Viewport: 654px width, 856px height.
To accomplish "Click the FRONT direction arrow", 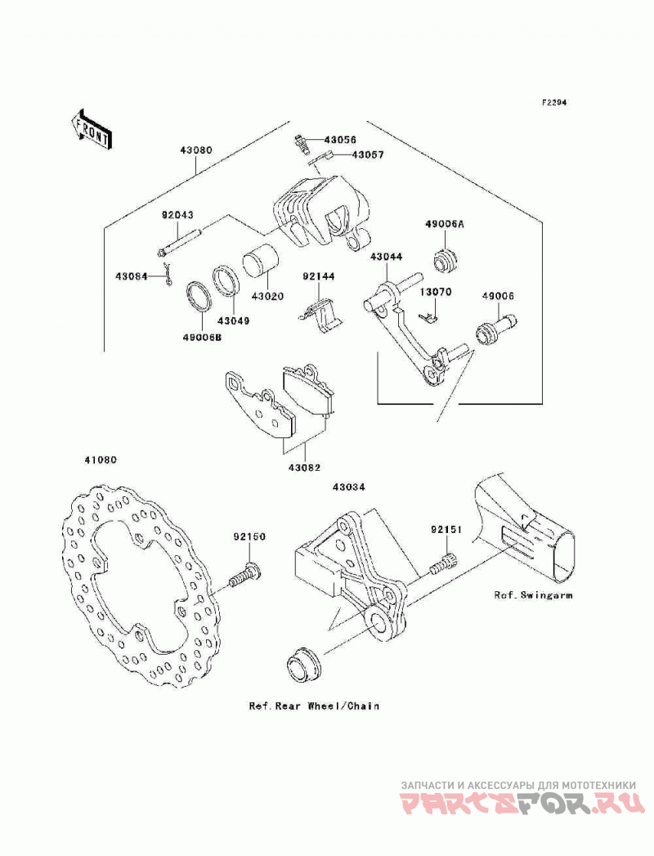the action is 91,129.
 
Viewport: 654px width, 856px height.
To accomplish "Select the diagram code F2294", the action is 554,102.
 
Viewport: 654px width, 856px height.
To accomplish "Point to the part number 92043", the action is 177,216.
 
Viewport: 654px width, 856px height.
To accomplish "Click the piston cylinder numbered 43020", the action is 261,262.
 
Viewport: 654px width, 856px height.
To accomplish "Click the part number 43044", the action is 386,256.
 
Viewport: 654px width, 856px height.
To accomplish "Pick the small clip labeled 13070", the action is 428,316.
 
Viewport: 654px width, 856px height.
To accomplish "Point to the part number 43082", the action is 305,468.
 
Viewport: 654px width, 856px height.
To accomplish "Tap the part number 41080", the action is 100,459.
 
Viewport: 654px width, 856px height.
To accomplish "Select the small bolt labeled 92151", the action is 443,564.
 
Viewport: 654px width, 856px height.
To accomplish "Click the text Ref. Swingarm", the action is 533,594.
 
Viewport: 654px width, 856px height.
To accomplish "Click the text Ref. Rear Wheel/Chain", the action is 314,706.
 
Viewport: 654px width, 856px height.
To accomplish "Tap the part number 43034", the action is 348,486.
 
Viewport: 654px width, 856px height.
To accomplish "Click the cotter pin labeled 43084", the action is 169,274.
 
